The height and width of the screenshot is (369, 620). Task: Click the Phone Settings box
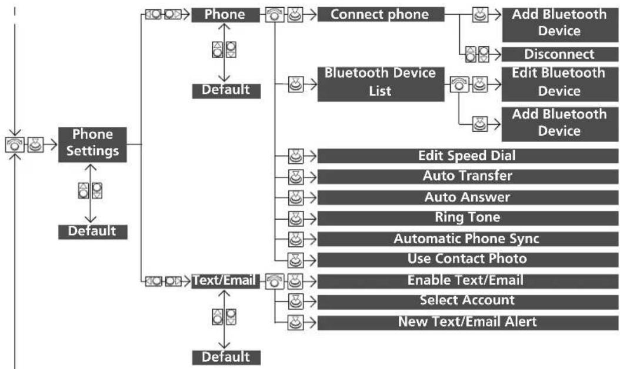[x=92, y=145]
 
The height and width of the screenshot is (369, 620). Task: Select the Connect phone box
[x=381, y=15]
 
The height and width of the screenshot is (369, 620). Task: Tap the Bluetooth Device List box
[x=381, y=84]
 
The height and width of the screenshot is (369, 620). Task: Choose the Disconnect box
[x=559, y=54]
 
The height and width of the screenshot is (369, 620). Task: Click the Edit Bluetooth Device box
[x=559, y=84]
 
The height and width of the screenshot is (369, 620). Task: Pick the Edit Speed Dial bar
[x=468, y=156]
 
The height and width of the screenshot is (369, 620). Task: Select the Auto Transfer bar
[x=468, y=176]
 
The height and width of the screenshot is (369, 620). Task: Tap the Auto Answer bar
[x=468, y=197]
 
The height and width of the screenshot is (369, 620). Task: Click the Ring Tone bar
[x=468, y=218]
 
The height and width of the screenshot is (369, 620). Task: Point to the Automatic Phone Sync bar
[x=468, y=239]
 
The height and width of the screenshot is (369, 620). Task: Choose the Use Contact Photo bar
[x=468, y=260]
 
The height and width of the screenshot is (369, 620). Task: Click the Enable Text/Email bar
[x=468, y=281]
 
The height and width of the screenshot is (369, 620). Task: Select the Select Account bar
[x=468, y=301]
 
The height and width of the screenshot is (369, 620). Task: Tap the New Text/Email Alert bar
[x=468, y=323]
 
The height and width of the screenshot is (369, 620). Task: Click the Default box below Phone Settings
[x=93, y=232]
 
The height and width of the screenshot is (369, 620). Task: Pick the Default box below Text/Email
[x=226, y=357]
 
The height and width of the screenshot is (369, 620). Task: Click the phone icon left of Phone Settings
[x=15, y=145]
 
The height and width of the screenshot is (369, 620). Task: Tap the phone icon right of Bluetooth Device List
[x=459, y=84]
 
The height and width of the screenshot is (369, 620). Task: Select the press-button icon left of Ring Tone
[x=295, y=218]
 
